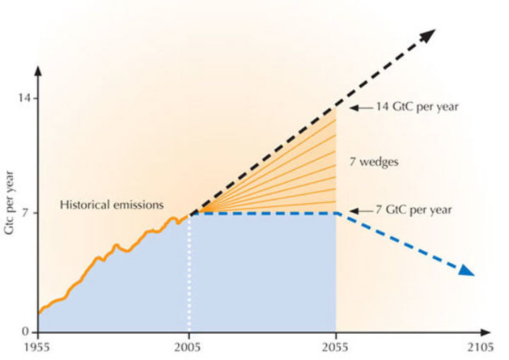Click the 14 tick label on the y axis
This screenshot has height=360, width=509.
(23, 98)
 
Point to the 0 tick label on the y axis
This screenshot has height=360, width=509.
(26, 332)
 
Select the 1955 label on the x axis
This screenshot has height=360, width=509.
(39, 347)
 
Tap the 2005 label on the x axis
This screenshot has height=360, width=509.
(189, 347)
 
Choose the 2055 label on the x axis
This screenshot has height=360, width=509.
(336, 347)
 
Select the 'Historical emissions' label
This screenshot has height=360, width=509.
(111, 205)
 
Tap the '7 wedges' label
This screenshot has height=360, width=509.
(374, 162)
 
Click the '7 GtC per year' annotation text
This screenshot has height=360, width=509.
(414, 210)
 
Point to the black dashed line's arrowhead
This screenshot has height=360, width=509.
(428, 34)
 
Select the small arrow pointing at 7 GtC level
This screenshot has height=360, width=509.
(359, 211)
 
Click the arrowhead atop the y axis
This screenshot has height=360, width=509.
(38, 71)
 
